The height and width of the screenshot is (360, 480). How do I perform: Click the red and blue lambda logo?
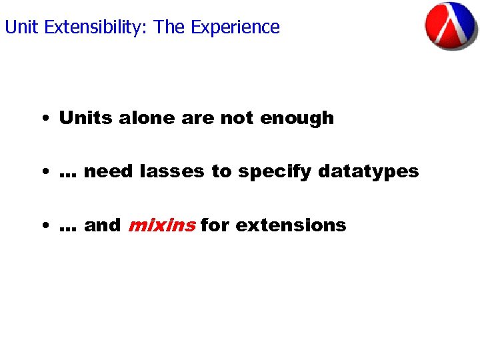pyautogui.click(x=451, y=26)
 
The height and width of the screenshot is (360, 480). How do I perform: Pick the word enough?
pyautogui.click(x=297, y=118)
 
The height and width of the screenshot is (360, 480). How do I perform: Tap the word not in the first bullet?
pyautogui.click(x=237, y=118)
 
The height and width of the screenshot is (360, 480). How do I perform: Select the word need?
pyautogui.click(x=109, y=171)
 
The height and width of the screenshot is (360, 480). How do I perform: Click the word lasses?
pyautogui.click(x=173, y=171)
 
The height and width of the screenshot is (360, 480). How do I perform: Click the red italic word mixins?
pyautogui.click(x=161, y=225)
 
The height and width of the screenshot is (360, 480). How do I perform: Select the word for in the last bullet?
pyautogui.click(x=214, y=225)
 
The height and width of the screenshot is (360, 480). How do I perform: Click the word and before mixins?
pyautogui.click(x=103, y=225)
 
